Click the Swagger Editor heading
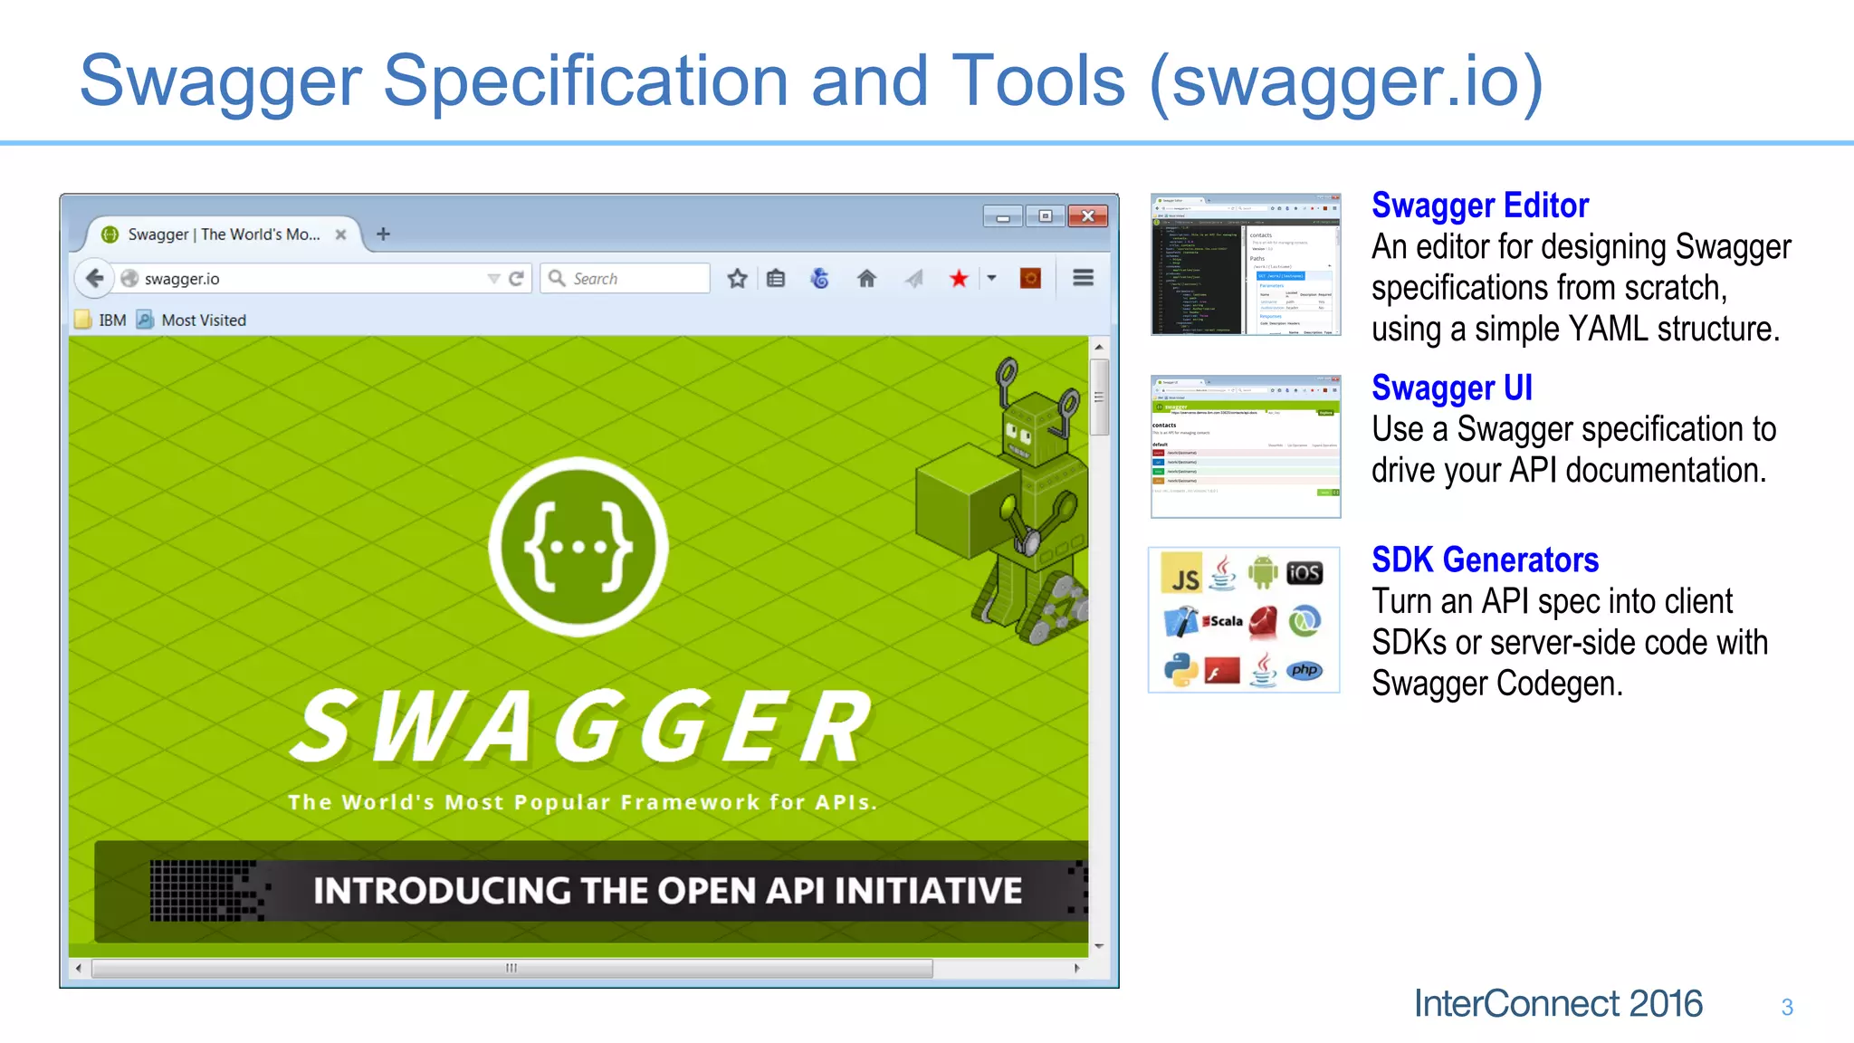(1480, 206)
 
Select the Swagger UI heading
(1451, 388)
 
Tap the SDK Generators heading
(1485, 560)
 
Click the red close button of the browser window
(1087, 215)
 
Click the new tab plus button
(383, 234)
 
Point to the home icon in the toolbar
(866, 278)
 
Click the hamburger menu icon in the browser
(1083, 278)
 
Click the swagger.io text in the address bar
(182, 279)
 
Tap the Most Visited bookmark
(203, 320)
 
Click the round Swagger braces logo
(578, 546)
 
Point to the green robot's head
(1033, 426)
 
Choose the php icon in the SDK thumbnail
(1304, 670)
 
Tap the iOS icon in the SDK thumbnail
(1304, 573)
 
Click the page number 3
(1786, 1007)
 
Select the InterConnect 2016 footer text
(1557, 1003)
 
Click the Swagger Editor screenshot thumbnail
(1245, 264)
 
